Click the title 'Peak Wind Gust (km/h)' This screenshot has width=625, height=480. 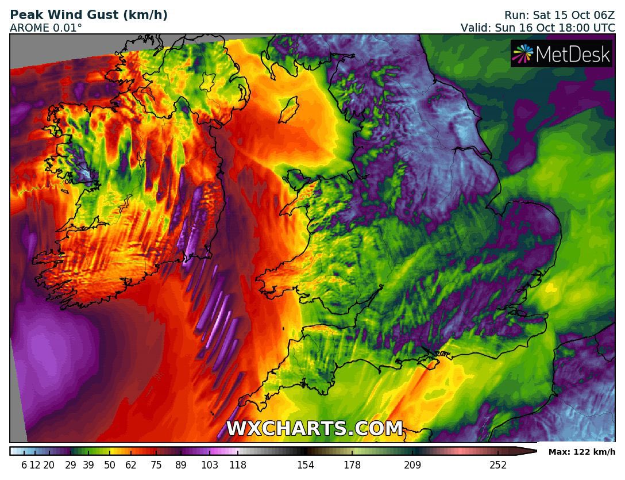click(89, 15)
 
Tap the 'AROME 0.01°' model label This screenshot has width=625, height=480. click(46, 28)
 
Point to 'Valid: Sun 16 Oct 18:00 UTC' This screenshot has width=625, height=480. click(538, 28)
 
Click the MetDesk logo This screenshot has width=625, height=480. click(562, 54)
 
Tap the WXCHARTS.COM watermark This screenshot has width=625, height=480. click(314, 429)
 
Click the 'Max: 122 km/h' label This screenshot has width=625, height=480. click(581, 452)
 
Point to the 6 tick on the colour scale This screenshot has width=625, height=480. click(24, 465)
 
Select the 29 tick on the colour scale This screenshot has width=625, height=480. click(71, 465)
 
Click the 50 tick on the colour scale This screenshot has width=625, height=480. click(110, 465)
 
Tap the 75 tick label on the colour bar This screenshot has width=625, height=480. click(156, 465)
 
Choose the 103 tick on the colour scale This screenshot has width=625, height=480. click(210, 465)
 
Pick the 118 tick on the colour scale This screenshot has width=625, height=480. click(238, 465)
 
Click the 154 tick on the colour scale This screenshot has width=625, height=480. click(306, 465)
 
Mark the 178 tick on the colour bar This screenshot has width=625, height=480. click(352, 465)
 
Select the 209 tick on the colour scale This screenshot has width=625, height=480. click(412, 465)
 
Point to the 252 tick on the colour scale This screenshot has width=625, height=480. click(498, 465)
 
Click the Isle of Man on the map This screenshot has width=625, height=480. click(288, 109)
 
